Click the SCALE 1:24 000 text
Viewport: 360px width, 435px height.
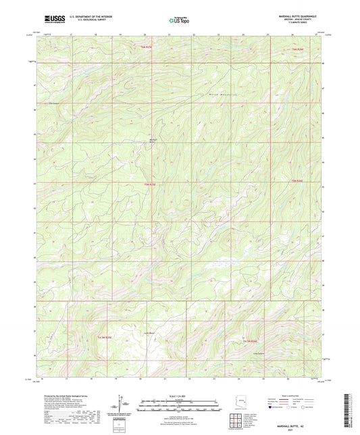tap(179, 395)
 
